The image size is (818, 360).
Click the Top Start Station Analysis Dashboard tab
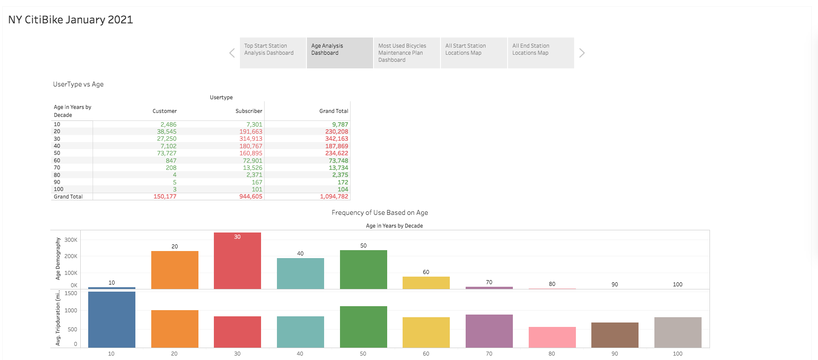click(273, 52)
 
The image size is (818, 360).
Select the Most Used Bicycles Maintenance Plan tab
click(406, 52)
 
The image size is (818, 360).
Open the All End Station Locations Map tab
click(540, 52)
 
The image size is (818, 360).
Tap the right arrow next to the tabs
click(582, 53)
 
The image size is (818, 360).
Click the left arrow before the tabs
click(232, 53)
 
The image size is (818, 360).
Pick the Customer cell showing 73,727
click(167, 153)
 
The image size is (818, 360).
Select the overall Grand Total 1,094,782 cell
click(334, 196)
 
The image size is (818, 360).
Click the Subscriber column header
click(249, 111)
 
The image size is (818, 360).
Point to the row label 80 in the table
click(57, 175)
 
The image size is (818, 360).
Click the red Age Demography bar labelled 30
click(237, 262)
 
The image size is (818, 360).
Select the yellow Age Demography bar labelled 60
click(426, 283)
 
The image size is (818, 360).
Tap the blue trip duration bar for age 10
click(112, 319)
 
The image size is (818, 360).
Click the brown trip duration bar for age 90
click(615, 335)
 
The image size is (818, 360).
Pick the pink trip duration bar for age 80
click(552, 337)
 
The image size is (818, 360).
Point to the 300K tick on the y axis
click(71, 240)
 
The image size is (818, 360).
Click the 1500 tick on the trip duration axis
click(71, 293)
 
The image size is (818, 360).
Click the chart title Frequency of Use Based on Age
click(380, 213)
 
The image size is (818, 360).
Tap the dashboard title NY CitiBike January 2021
click(71, 20)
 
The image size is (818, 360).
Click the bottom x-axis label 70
click(489, 354)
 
